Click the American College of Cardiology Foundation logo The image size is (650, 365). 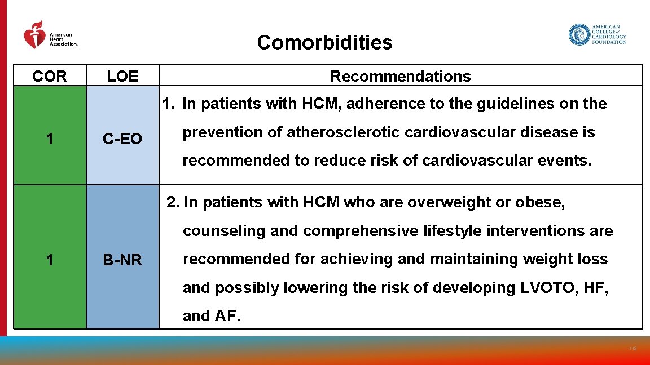pos(598,34)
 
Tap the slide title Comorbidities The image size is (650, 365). pos(324,43)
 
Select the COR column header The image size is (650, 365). pos(50,76)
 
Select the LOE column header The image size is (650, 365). pos(122,76)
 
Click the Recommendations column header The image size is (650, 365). pos(400,76)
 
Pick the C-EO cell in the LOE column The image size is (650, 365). pos(122,139)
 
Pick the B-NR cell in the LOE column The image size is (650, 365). pos(122,260)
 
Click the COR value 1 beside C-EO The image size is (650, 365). pos(50,139)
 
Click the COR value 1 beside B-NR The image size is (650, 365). pos(50,260)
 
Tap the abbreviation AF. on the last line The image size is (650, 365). pos(227,316)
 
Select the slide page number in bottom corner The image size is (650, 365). pos(633,349)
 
